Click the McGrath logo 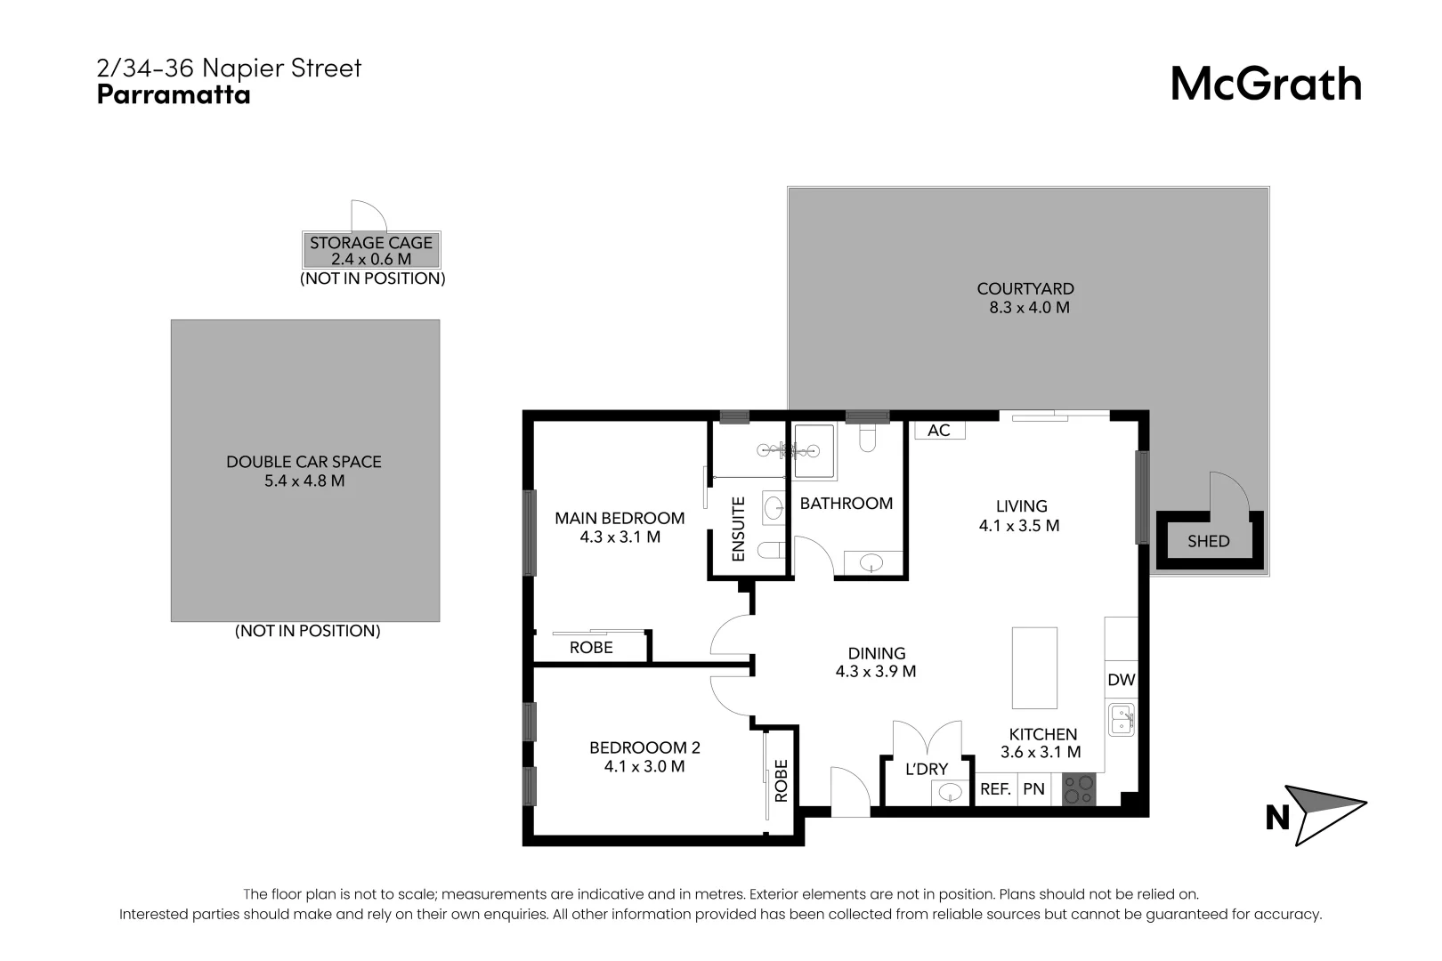[x=1265, y=85]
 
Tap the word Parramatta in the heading [x=174, y=95]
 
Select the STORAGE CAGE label [x=371, y=243]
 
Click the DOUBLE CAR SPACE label [x=304, y=462]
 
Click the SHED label [x=1208, y=541]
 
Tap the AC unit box [x=939, y=431]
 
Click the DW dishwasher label [x=1122, y=680]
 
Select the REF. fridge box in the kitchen [x=995, y=789]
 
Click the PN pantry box [x=1033, y=789]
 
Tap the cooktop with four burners [x=1079, y=789]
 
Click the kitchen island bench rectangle [x=1034, y=666]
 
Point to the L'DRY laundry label [x=927, y=769]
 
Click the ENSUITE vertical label [x=738, y=529]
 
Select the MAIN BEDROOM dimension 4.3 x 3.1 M [x=620, y=537]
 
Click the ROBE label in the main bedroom [x=591, y=648]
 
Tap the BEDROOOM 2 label [x=644, y=747]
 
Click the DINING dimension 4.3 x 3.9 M [x=876, y=672]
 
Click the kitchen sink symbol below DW [x=1122, y=719]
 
